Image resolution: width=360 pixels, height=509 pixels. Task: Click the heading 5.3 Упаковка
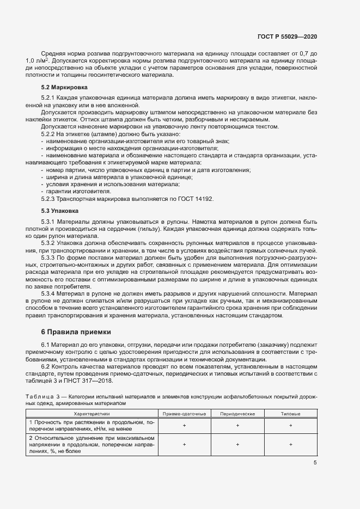click(60, 210)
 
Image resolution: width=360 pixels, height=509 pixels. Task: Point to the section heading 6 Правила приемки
click(76, 332)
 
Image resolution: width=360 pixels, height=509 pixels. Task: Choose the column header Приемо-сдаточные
click(184, 414)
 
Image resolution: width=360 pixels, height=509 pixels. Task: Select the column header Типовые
click(290, 414)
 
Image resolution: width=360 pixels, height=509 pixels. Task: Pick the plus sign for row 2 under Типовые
click(290, 445)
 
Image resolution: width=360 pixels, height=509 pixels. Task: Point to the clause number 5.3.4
click(49, 293)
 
